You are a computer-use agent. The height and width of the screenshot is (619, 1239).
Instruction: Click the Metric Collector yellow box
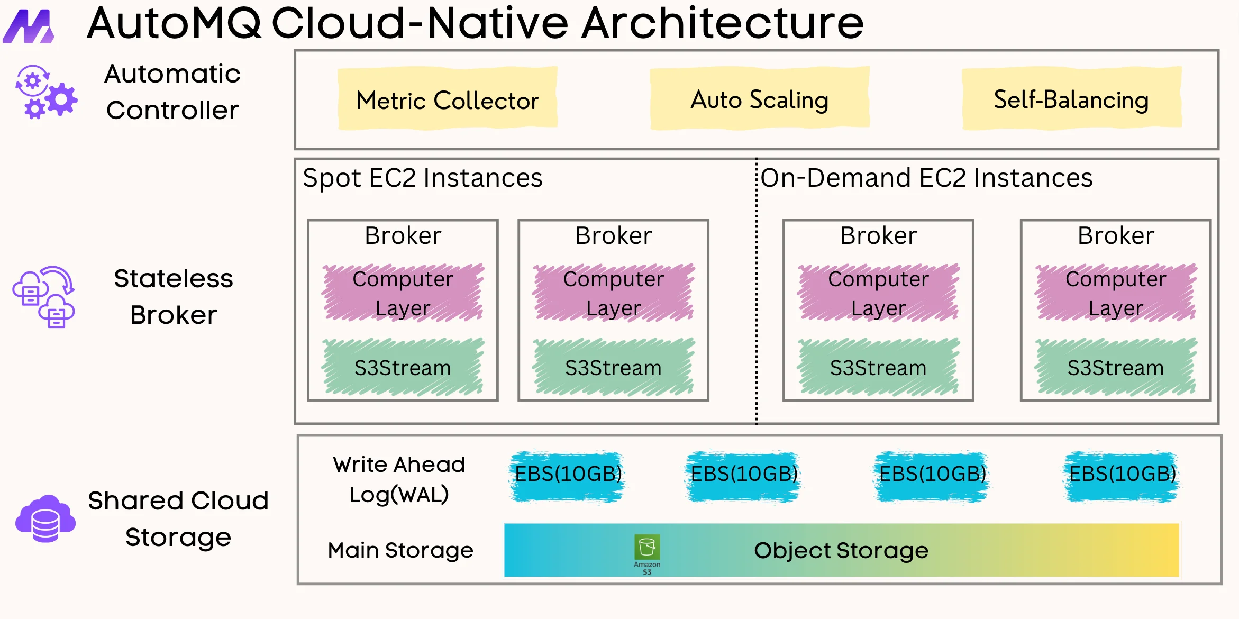pyautogui.click(x=448, y=99)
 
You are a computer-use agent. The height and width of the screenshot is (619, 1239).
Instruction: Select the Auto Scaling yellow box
pyautogui.click(x=760, y=99)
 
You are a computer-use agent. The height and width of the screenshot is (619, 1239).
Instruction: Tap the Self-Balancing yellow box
pyautogui.click(x=1071, y=99)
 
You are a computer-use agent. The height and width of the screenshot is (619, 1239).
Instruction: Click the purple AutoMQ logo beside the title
pyautogui.click(x=29, y=26)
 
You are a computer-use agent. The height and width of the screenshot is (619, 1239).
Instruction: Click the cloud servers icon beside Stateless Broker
pyautogui.click(x=44, y=297)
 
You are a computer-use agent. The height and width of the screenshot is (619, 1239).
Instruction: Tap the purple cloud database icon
pyautogui.click(x=45, y=519)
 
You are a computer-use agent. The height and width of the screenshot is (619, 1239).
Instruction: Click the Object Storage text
pyautogui.click(x=841, y=551)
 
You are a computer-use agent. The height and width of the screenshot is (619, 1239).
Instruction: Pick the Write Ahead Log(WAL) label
pyautogui.click(x=399, y=479)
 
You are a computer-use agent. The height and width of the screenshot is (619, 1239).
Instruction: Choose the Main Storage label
pyautogui.click(x=400, y=550)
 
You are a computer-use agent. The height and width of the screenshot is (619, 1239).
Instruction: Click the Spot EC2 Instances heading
pyautogui.click(x=423, y=178)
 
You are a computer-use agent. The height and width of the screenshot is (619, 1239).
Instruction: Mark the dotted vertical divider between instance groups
pyautogui.click(x=757, y=291)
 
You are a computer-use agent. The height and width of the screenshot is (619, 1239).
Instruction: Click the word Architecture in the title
pyautogui.click(x=723, y=23)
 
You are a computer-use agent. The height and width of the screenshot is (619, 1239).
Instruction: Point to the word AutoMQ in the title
pyautogui.click(x=175, y=23)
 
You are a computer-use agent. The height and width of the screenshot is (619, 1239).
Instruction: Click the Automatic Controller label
pyautogui.click(x=172, y=92)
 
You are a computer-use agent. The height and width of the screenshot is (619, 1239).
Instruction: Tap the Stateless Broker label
pyautogui.click(x=174, y=296)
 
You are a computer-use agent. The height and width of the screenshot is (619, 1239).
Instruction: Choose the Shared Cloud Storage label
pyautogui.click(x=178, y=518)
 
